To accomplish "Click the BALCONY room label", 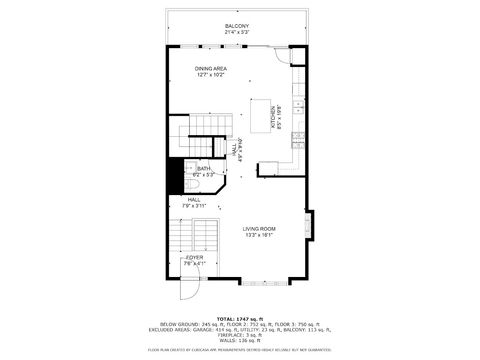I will click(x=238, y=26).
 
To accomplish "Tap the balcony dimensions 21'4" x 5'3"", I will click(x=238, y=32).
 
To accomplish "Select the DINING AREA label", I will click(x=211, y=68).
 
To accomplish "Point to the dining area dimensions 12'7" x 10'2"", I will click(x=211, y=74).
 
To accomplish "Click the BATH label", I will click(x=204, y=169).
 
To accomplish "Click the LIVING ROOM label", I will click(x=259, y=229).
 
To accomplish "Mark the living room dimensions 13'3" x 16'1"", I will click(x=259, y=235).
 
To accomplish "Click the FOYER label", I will click(x=194, y=258).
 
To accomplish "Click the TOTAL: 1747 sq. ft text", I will click(x=239, y=317).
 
